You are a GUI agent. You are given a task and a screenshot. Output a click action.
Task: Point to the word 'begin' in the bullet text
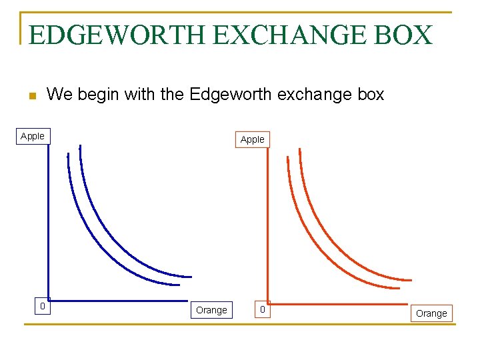[98, 95]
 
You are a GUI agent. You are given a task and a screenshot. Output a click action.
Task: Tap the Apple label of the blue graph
[33, 136]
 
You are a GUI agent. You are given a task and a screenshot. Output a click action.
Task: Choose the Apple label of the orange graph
[252, 139]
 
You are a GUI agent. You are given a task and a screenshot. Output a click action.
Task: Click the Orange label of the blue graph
[211, 310]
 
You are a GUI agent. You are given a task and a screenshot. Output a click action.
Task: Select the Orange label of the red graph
[431, 313]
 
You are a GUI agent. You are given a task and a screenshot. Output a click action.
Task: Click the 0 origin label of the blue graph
[42, 307]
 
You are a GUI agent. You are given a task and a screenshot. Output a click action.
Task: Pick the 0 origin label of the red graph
[263, 310]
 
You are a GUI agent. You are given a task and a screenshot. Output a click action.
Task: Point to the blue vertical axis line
[49, 220]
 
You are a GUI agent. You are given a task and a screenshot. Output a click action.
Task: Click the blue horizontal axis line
[120, 300]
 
